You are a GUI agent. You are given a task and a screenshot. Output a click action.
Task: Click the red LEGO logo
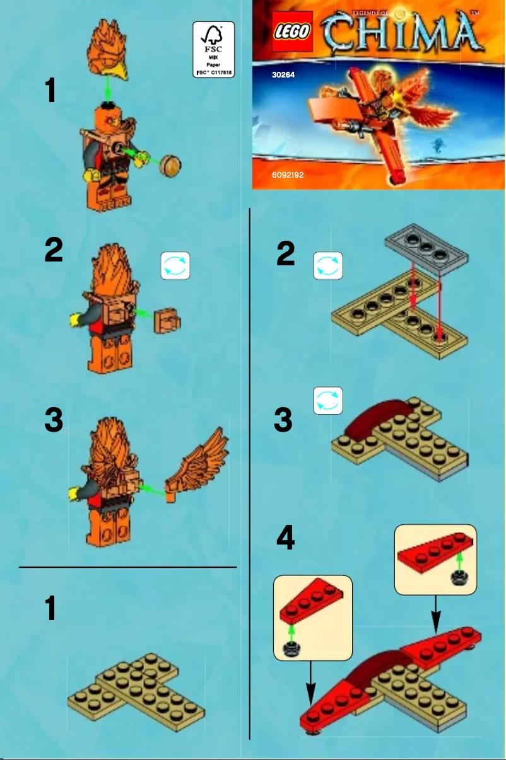(293, 32)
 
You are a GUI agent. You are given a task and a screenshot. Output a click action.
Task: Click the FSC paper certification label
(213, 49)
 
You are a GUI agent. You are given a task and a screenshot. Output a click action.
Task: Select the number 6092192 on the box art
(288, 175)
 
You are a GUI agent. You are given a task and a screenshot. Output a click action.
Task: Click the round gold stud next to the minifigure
(170, 166)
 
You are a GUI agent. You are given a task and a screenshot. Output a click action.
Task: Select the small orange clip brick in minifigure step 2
(168, 321)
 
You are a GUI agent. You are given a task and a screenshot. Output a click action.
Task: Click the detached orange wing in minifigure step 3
(198, 463)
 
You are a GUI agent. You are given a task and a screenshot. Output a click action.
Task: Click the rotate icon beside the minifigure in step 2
(175, 267)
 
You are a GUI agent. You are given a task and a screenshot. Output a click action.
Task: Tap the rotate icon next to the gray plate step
(328, 265)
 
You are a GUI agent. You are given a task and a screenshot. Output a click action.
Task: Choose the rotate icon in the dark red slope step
(328, 401)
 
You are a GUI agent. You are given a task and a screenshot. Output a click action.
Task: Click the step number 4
(285, 538)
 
